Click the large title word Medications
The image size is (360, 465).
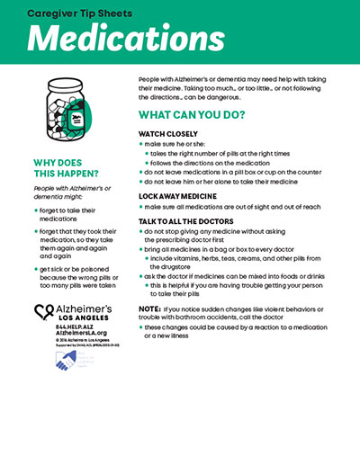(x=112, y=39)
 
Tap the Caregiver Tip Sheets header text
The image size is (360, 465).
(x=82, y=13)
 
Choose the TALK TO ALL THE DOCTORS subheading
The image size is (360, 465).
(x=190, y=219)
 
